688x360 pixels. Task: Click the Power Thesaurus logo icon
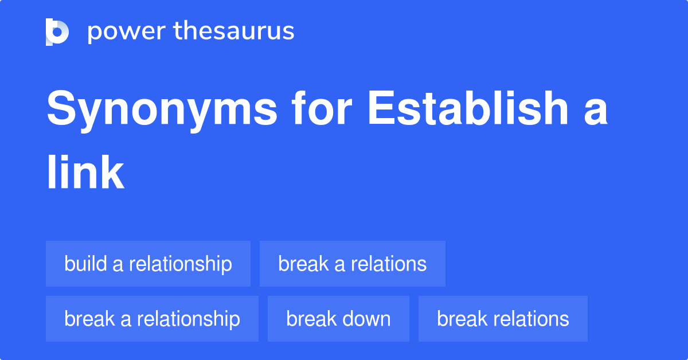click(57, 32)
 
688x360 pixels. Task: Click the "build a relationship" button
click(148, 264)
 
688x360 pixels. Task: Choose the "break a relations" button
click(352, 264)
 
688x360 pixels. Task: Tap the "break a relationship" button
click(152, 319)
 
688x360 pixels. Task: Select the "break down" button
click(338, 319)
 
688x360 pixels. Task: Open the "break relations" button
click(503, 319)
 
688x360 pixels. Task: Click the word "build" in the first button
click(86, 264)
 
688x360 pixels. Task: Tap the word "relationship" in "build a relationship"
click(181, 264)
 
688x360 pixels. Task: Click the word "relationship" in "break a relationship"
click(189, 319)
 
